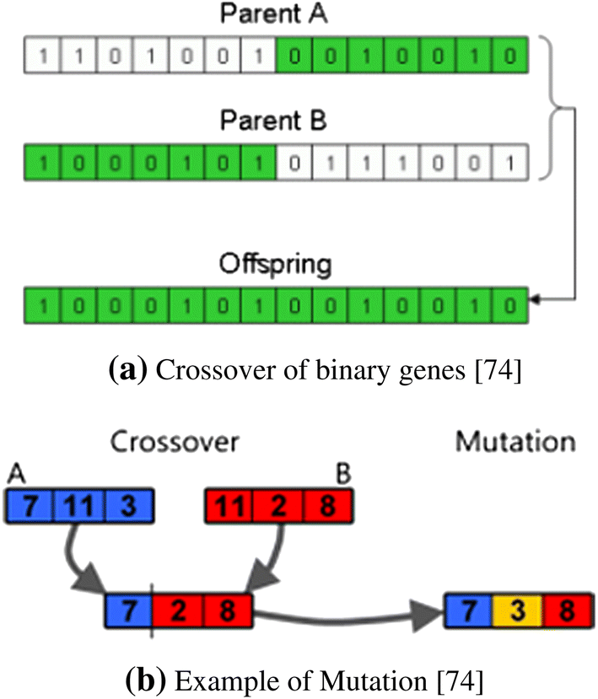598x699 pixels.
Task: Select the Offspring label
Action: pos(275,264)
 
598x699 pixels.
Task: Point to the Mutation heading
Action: pos(514,442)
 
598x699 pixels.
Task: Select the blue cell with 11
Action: pos(78,508)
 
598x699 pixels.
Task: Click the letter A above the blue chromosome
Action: pos(13,475)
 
